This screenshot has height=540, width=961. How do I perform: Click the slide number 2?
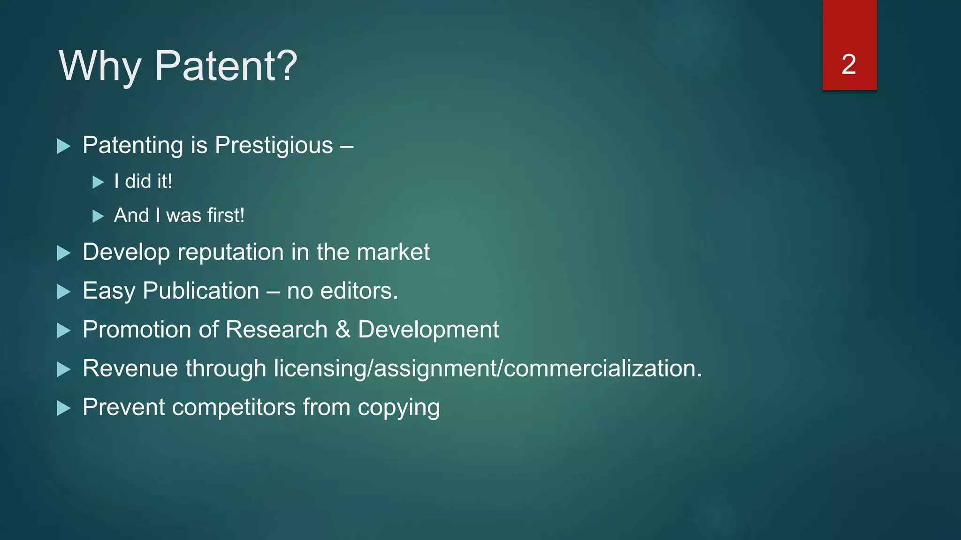tap(849, 64)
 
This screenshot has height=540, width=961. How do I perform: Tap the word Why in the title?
tap(99, 67)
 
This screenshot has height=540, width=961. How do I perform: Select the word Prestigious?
tap(274, 145)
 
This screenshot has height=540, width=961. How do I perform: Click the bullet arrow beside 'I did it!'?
tap(98, 182)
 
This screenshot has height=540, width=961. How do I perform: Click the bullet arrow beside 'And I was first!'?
tap(98, 216)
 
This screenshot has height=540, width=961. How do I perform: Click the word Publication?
tap(201, 291)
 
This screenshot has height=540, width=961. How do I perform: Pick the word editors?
tap(359, 291)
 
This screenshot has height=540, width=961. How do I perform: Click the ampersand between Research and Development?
tap(343, 330)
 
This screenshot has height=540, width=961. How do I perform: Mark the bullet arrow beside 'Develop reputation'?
tap(63, 253)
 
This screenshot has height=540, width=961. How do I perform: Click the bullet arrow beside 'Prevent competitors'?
tap(63, 408)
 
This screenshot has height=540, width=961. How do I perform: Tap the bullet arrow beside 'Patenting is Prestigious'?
tap(63, 146)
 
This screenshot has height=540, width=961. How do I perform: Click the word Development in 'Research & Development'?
tap(428, 330)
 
